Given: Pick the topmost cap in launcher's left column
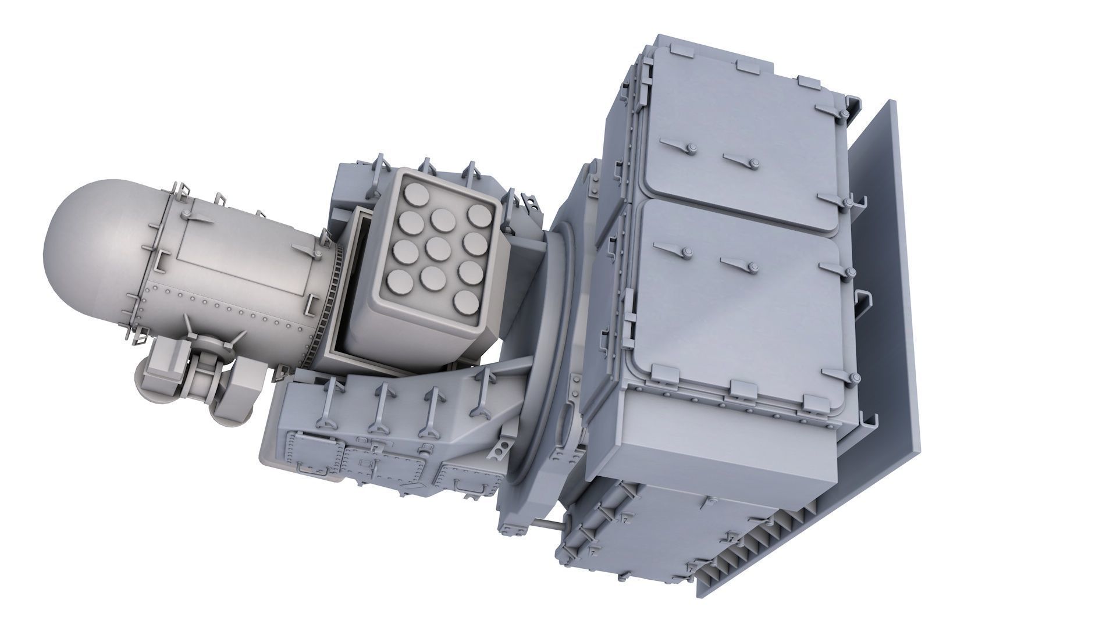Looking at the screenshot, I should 414,197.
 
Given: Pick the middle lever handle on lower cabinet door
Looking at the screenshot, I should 739,265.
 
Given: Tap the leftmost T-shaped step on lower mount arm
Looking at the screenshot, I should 328,401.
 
